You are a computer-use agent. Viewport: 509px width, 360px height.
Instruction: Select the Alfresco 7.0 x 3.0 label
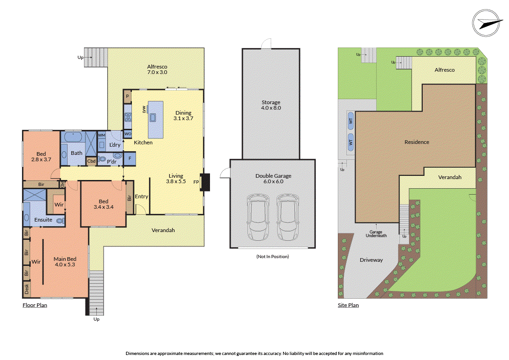pyautogui.click(x=157, y=69)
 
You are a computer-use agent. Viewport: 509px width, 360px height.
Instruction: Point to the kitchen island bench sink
pyautogui.click(x=152, y=118)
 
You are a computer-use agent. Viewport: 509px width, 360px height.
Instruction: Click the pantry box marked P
pyautogui.click(x=127, y=96)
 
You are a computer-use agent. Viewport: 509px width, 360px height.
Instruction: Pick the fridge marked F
pyautogui.click(x=130, y=159)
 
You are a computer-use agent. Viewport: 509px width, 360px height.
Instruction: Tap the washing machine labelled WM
pyautogui.click(x=102, y=135)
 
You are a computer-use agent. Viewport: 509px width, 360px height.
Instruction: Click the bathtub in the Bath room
pyautogui.click(x=72, y=137)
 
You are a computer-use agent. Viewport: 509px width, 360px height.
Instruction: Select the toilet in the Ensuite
pyautogui.click(x=59, y=221)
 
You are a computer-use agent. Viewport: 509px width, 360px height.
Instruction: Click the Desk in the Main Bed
pyautogui.click(x=26, y=289)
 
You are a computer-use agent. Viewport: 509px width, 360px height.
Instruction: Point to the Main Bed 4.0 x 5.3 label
pyautogui.click(x=64, y=261)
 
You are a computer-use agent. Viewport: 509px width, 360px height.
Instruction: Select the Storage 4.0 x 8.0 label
pyautogui.click(x=271, y=105)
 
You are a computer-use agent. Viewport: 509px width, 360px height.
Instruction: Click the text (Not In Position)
pyautogui.click(x=273, y=256)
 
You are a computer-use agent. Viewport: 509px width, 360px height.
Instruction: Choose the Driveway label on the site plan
pyautogui.click(x=371, y=259)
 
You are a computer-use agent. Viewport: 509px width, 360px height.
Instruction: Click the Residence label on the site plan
pyautogui.click(x=417, y=142)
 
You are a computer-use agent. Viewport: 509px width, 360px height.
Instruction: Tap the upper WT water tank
pyautogui.click(x=351, y=121)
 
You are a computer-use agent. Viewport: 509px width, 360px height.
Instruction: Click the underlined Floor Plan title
pyautogui.click(x=35, y=305)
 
